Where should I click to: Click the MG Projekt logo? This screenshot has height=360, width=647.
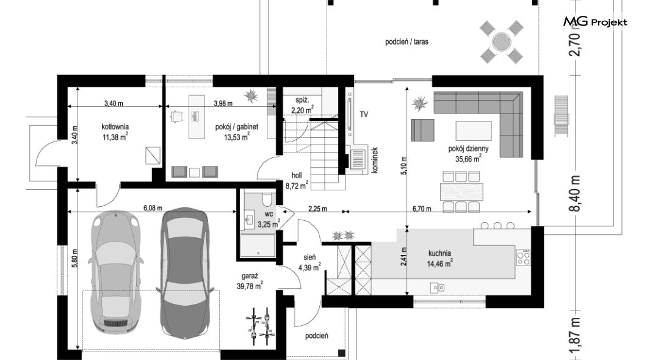pos(595,21)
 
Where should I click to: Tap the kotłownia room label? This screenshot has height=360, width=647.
pos(115,127)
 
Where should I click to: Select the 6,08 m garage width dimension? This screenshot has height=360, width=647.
pos(153,208)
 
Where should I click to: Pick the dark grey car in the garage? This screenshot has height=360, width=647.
pos(184,272)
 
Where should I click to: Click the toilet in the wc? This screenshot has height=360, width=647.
pos(267,199)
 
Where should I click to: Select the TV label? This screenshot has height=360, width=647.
pos(364,114)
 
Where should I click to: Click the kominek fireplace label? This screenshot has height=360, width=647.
pos(375,160)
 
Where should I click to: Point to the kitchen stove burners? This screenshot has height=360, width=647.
pos(523,257)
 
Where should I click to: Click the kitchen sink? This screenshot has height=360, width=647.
pos(437,287)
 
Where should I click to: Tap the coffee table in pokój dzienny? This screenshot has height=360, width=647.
pos(473,131)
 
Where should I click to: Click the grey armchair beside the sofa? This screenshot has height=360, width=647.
pos(422,130)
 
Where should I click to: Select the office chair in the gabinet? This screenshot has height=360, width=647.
pos(176,117)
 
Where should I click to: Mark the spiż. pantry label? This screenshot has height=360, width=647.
pos(302,100)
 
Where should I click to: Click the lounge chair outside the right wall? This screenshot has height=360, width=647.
pos(561,116)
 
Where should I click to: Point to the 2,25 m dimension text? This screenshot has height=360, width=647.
pos(318,209)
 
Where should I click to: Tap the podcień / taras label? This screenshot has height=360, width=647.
pos(407,41)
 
